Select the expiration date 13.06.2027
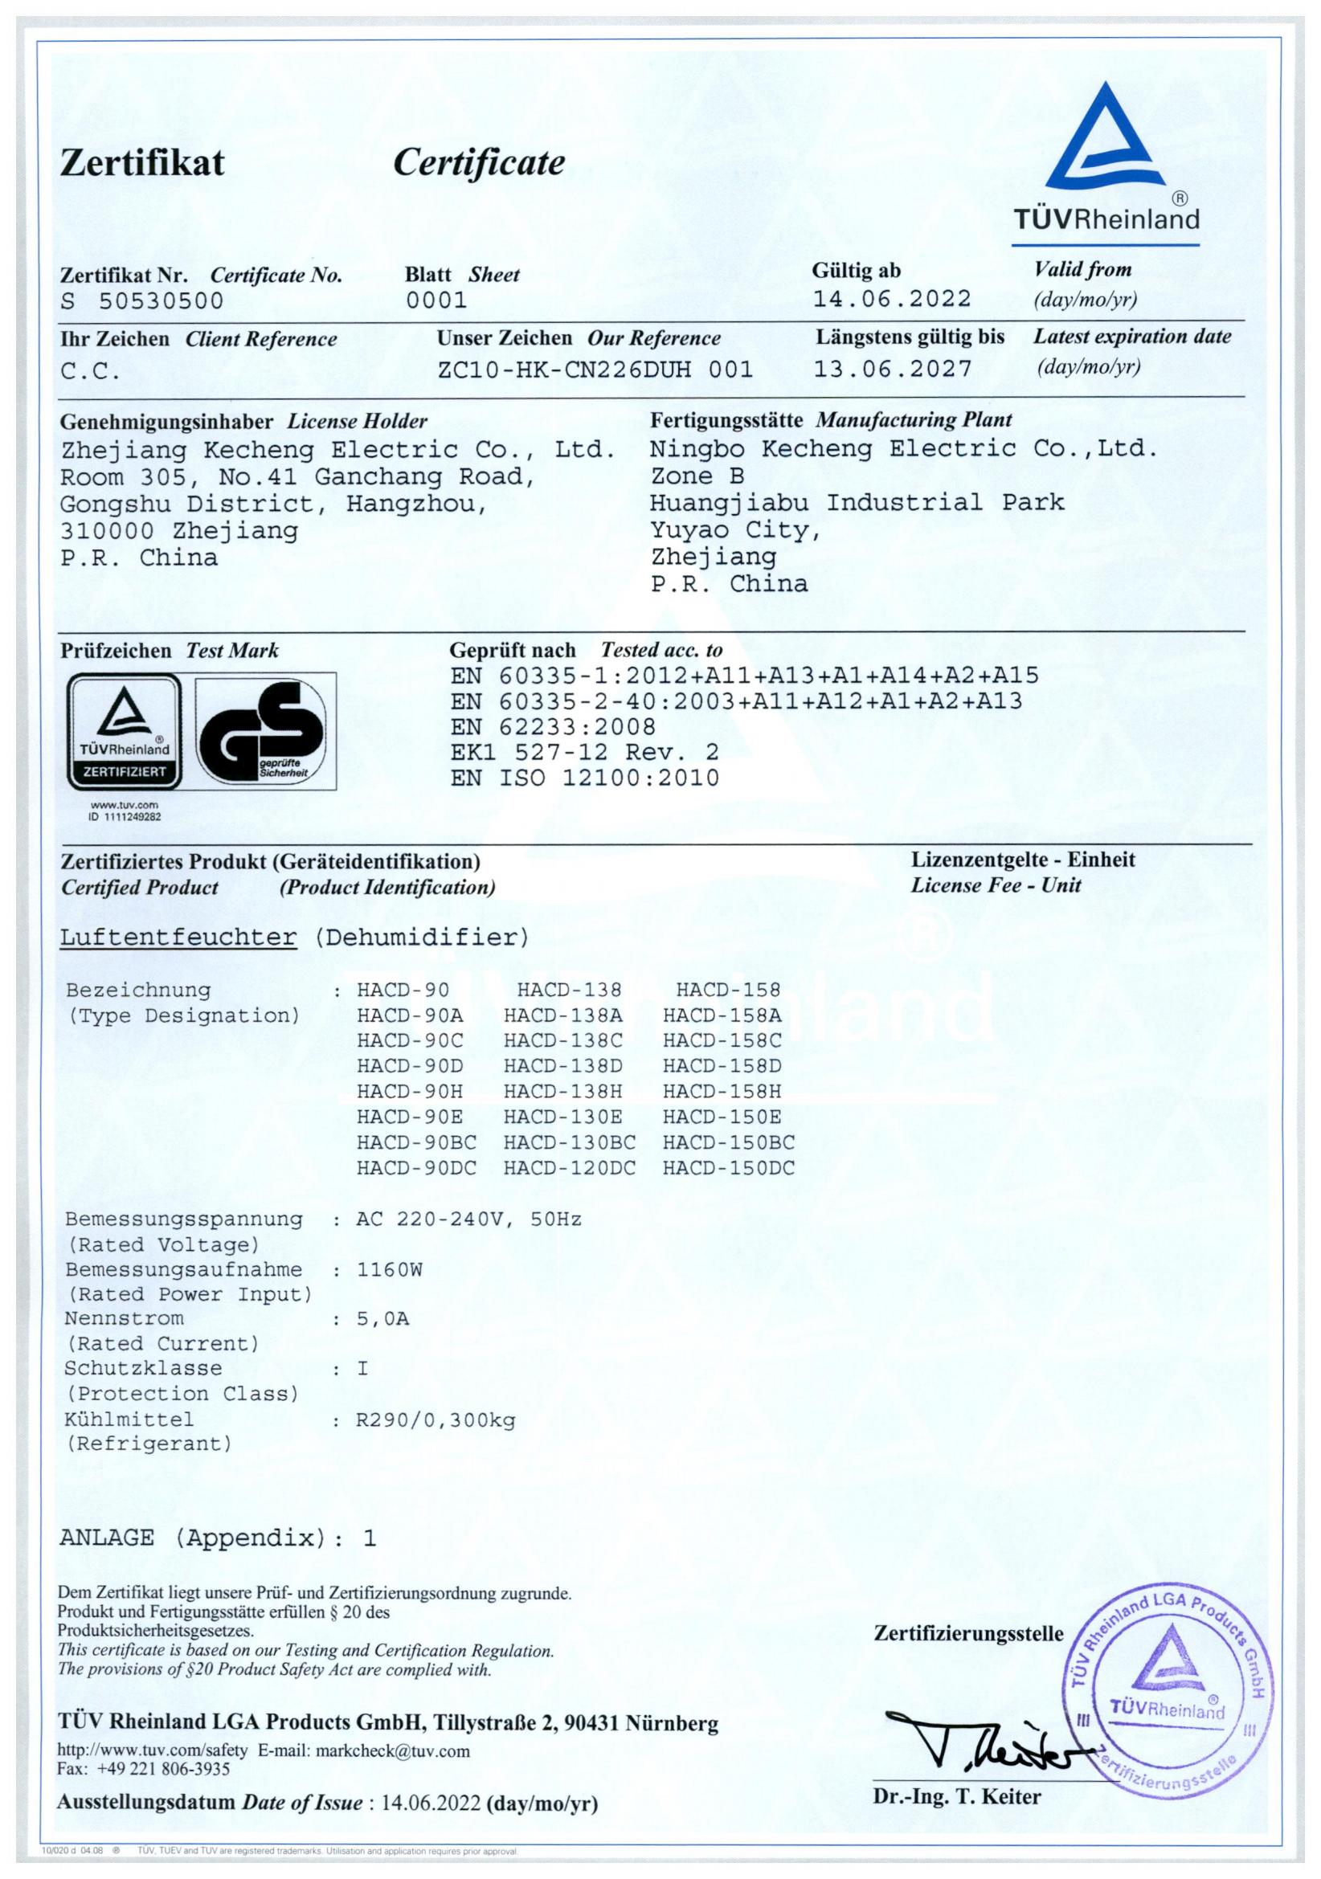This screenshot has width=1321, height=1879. click(892, 368)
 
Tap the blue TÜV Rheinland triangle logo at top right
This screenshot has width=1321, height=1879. click(1106, 139)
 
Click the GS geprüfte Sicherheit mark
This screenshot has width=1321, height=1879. click(264, 731)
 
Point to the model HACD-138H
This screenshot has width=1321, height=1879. click(563, 1091)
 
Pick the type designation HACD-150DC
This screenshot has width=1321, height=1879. click(729, 1168)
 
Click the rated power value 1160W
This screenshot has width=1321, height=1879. click(390, 1269)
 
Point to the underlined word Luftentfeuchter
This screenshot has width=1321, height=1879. click(178, 937)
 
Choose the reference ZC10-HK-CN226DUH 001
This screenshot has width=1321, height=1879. click(595, 369)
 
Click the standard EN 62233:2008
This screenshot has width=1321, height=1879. click(553, 727)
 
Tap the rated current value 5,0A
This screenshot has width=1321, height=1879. click(383, 1319)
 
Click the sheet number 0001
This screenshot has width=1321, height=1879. click(436, 300)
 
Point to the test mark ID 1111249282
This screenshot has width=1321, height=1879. click(125, 816)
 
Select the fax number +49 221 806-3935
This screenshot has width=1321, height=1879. click(164, 1768)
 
